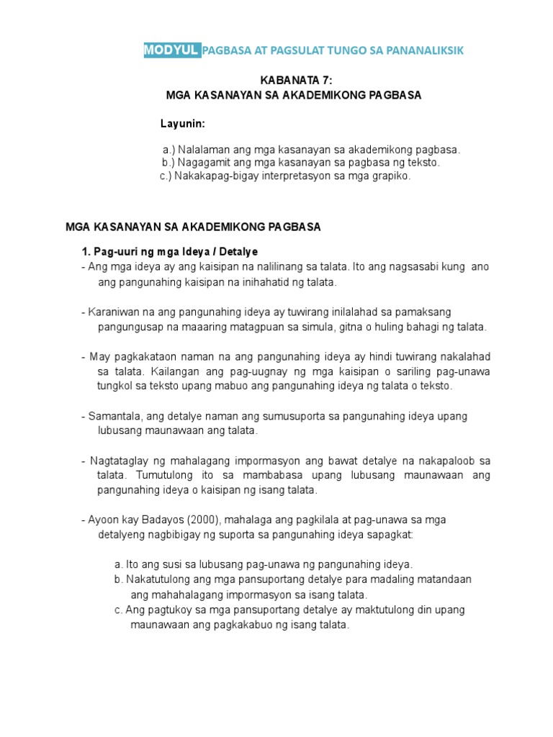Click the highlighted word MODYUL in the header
pos(172,49)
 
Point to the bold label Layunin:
pos(182,124)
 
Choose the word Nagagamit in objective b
pos(202,163)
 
